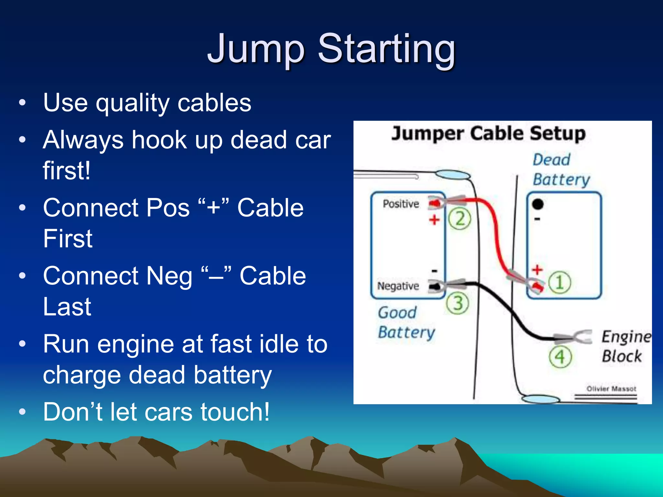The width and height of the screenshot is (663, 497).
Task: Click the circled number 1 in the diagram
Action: click(559, 282)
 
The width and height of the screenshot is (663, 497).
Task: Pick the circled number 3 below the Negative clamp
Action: click(457, 304)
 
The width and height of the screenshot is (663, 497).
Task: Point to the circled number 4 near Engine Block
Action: click(560, 357)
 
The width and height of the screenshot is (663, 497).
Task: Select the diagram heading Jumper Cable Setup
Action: click(488, 133)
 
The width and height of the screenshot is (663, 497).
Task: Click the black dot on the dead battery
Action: click(538, 204)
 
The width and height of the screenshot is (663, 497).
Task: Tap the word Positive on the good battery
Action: click(401, 204)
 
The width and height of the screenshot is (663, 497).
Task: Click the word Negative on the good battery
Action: click(398, 286)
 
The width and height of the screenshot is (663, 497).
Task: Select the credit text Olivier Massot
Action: click(611, 389)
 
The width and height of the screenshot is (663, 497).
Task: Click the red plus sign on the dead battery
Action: click(537, 269)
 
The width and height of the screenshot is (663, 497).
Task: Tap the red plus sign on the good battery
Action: click(434, 220)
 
